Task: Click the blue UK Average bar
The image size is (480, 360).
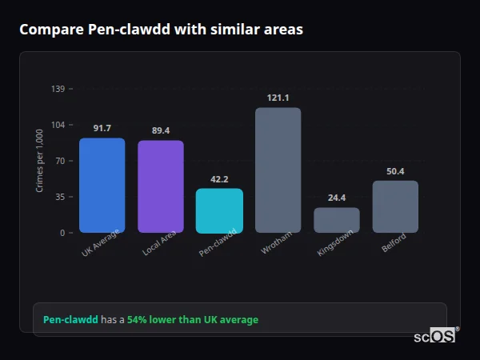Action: click(x=102, y=185)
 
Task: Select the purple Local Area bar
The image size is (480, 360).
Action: click(x=160, y=186)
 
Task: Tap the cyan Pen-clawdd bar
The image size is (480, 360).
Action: click(x=219, y=210)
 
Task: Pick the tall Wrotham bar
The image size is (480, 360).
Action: click(x=278, y=170)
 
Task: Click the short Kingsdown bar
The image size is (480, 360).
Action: click(x=336, y=220)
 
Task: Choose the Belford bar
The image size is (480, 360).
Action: click(x=395, y=206)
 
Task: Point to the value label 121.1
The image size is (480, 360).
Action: click(x=278, y=98)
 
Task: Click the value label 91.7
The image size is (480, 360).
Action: click(x=102, y=128)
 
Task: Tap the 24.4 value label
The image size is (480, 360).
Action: click(x=336, y=198)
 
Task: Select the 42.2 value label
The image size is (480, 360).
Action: click(x=219, y=179)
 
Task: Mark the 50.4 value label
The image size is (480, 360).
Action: click(x=395, y=171)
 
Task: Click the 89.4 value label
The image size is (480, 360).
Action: click(x=160, y=130)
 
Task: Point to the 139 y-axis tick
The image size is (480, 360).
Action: click(x=58, y=89)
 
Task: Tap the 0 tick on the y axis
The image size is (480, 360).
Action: click(x=62, y=233)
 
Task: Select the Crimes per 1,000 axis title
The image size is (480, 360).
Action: click(x=40, y=161)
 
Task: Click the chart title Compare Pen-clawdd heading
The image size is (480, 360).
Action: click(x=161, y=30)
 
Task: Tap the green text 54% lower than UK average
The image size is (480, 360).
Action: click(x=193, y=320)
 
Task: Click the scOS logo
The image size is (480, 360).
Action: click(x=434, y=336)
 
